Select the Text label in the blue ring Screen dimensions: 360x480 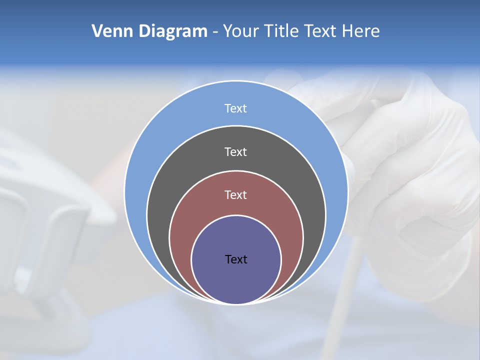[235, 108]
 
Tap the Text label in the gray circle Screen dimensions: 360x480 [235, 151]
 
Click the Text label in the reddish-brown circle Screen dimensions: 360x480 [235, 194]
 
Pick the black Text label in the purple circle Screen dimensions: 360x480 [236, 259]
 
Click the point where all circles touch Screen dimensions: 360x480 [236, 303]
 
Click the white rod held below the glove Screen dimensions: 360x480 [350, 280]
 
